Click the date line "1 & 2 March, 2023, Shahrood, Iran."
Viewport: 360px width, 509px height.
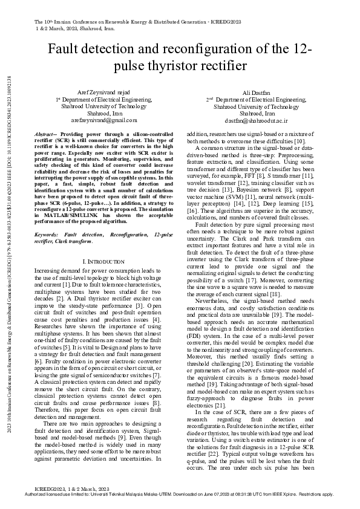coord(75,28)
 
